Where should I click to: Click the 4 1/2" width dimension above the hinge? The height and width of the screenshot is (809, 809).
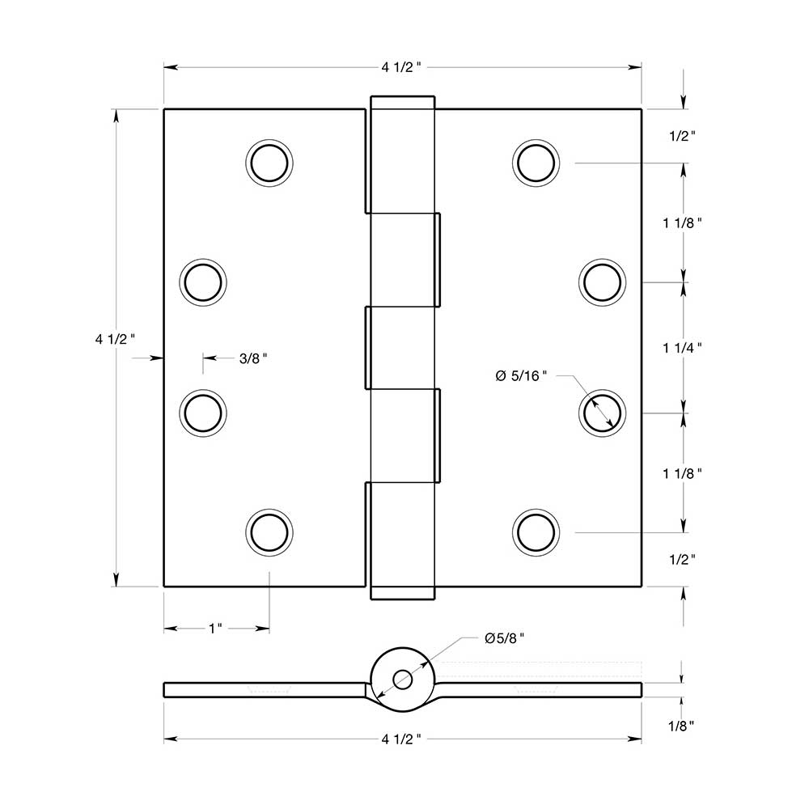(402, 67)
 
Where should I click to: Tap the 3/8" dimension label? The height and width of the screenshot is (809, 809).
(252, 358)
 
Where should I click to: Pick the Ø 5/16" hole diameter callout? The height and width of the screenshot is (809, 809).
(521, 375)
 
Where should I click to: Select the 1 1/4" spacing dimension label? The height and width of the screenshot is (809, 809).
(682, 347)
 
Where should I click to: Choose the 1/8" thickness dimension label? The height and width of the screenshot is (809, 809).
(682, 726)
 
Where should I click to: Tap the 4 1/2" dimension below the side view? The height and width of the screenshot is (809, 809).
(402, 739)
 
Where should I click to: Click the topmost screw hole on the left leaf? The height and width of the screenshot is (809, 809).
(269, 163)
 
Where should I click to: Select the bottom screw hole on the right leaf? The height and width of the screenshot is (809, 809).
(536, 532)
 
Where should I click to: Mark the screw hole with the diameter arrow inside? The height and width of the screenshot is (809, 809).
(603, 413)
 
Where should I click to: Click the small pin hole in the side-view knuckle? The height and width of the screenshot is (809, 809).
(401, 679)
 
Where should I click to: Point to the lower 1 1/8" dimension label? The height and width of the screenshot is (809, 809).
(682, 473)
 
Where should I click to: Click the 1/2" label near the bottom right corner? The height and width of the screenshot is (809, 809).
(682, 558)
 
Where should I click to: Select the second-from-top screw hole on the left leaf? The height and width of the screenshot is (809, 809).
(202, 282)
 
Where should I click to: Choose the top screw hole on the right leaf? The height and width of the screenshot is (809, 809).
(536, 163)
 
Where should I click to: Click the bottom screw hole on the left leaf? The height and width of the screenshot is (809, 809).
(269, 532)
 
